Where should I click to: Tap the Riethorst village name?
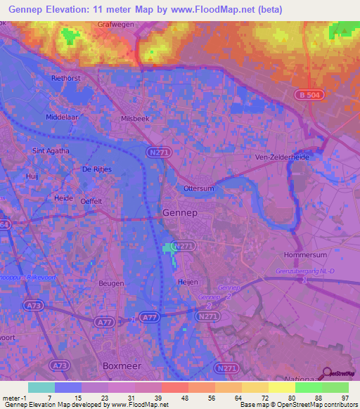coord(67,79)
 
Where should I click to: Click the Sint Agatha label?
coord(49,150)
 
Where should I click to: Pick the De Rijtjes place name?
coord(97,169)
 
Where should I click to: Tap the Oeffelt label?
coord(91,201)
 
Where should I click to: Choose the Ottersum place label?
coord(198,189)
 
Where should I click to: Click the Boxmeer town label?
coord(122,366)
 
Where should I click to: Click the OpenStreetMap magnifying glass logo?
coord(326,373)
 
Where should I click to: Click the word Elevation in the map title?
coord(75,9)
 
